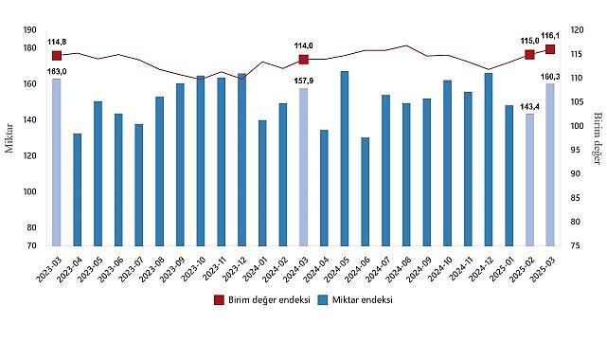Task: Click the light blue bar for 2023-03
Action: (57, 162)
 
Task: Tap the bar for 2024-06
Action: (366, 191)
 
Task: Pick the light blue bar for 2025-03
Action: (550, 165)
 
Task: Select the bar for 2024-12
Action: (489, 159)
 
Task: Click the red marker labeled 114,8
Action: (57, 55)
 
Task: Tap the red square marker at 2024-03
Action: (304, 59)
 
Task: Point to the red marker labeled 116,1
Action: (550, 49)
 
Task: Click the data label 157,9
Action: (303, 81)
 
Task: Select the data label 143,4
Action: (528, 105)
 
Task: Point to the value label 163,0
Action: (57, 70)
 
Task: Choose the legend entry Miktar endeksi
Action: (354, 300)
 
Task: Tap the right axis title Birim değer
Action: (598, 137)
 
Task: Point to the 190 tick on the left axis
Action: (30, 30)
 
